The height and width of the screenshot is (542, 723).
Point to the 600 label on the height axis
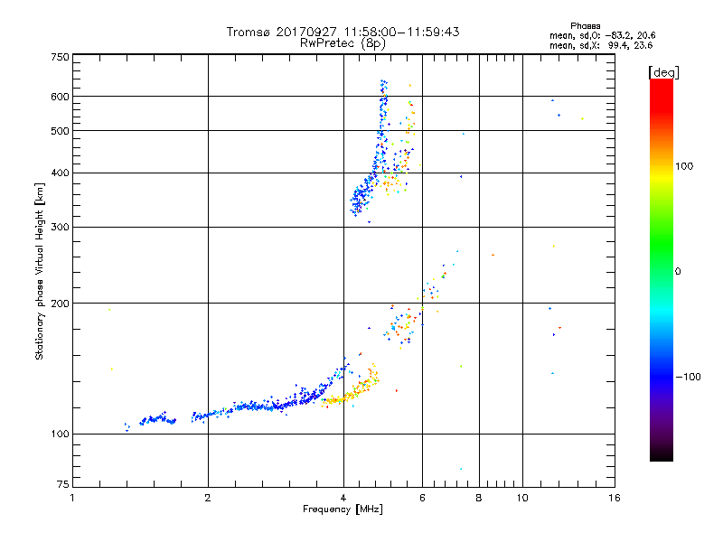[x=61, y=96]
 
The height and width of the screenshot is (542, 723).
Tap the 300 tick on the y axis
[x=61, y=227]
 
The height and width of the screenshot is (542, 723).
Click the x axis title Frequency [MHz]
[x=343, y=510]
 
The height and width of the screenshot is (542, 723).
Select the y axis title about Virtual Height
[x=40, y=272]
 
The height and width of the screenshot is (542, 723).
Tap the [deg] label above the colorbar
[x=663, y=71]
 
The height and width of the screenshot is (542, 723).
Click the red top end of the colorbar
[x=661, y=84]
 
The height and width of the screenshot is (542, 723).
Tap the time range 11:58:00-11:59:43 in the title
[x=397, y=32]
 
